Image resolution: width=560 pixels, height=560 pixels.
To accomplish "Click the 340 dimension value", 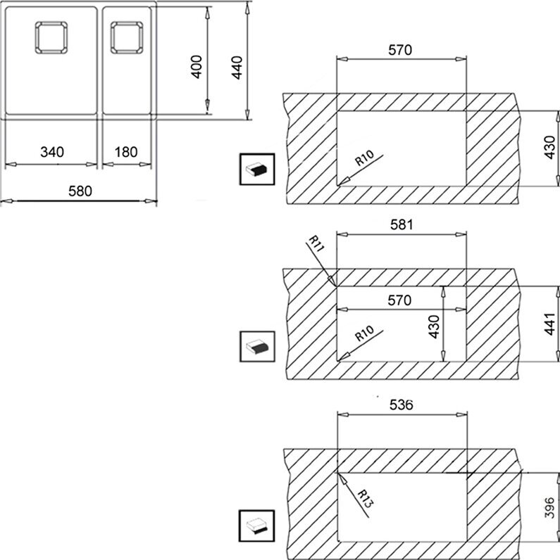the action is [x=52, y=152].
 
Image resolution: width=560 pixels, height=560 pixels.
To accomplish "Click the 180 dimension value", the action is [x=126, y=152].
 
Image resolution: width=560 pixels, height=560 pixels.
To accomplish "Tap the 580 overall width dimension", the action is [x=80, y=191].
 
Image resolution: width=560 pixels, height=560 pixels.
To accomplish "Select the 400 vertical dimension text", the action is [x=197, y=67].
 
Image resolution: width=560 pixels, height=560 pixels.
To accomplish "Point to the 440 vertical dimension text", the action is [x=237, y=68].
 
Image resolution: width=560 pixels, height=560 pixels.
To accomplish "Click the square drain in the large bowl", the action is [x=51, y=37].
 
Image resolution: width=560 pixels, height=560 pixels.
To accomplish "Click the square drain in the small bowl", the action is [x=127, y=37].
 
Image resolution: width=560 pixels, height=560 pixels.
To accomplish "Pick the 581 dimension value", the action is [x=402, y=224].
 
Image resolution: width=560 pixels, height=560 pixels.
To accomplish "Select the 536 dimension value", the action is [x=402, y=405].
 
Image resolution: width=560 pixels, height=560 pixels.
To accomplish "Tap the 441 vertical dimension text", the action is [x=549, y=324].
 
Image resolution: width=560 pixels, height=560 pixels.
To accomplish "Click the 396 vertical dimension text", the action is [x=549, y=507].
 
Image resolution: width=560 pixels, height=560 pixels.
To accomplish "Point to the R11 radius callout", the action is [x=316, y=243].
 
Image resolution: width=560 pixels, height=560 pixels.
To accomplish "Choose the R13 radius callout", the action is [x=365, y=499].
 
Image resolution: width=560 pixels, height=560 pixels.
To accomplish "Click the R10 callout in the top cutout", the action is [x=364, y=158].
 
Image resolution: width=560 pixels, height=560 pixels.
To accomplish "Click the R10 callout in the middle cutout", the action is [x=364, y=333].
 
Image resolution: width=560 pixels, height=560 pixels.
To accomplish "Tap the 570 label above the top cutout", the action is [x=400, y=50].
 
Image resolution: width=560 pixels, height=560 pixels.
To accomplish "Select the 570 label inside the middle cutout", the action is [x=399, y=300].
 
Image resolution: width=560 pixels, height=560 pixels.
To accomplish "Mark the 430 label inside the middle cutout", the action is [x=434, y=326].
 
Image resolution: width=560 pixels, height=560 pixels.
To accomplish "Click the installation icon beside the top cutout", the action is [x=257, y=170].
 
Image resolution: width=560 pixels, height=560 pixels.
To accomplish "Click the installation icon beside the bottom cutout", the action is [x=257, y=526].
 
